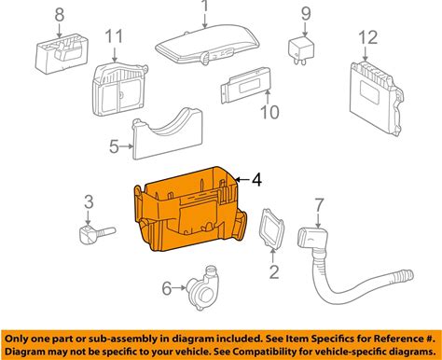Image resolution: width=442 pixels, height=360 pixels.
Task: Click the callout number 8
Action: [x=60, y=15]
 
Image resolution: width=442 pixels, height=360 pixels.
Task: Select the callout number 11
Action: [x=114, y=36]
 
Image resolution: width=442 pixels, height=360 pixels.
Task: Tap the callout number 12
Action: [x=368, y=37]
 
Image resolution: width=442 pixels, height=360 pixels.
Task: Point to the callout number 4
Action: [x=256, y=180]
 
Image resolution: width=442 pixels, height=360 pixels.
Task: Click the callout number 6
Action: [x=167, y=288]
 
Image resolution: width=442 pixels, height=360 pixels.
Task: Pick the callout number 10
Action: [x=269, y=112]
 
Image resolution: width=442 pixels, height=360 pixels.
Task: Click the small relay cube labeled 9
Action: [x=301, y=50]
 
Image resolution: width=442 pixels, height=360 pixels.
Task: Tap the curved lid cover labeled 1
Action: [x=207, y=45]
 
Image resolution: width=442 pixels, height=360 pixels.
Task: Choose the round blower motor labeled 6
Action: [x=203, y=287]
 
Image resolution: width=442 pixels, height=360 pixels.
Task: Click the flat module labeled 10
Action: [x=246, y=85]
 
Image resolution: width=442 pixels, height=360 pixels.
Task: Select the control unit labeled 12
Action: [x=376, y=97]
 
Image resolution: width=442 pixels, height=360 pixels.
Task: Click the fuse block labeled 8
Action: [x=62, y=54]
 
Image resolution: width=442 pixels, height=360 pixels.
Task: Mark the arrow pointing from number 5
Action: [x=127, y=146]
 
